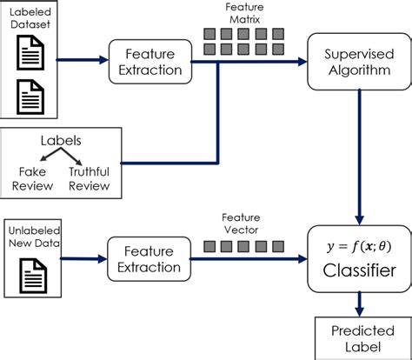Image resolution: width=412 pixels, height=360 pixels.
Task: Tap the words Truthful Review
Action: pos(90,178)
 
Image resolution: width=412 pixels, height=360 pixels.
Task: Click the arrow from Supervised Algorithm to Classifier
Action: pos(358,157)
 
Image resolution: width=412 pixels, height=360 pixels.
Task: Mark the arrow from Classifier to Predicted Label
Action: pos(358,302)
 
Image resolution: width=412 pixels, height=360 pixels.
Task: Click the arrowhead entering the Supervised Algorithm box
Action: pos(301,62)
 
